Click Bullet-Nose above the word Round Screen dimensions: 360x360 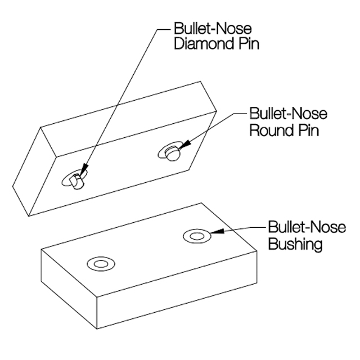(x=289, y=114)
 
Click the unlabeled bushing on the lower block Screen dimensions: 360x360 (x=101, y=263)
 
